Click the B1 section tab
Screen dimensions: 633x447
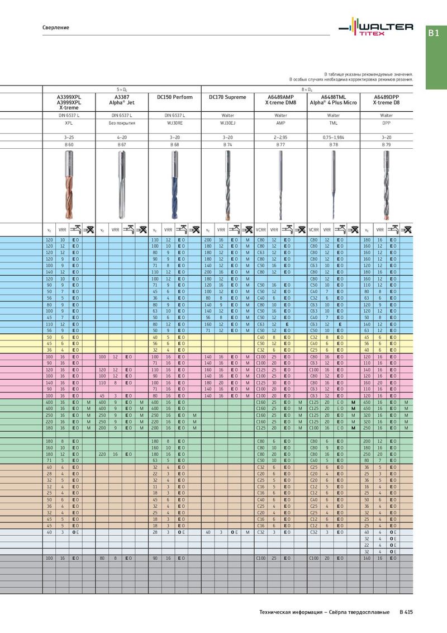pos(434,34)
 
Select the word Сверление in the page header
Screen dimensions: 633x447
pos(56,27)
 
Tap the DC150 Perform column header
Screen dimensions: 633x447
pos(175,97)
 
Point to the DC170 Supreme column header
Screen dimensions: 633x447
pos(227,97)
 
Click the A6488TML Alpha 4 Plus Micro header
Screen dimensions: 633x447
pos(334,100)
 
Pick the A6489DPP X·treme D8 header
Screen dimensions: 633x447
pos(386,100)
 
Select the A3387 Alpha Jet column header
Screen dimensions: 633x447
pos(122,100)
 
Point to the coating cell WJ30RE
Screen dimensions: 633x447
pos(175,122)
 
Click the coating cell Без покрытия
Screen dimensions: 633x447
pos(122,122)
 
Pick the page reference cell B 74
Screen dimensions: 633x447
pos(227,144)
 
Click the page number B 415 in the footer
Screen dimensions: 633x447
pos(406,612)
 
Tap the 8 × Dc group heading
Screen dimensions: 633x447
pos(307,89)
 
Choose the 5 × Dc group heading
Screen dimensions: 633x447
pos(122,89)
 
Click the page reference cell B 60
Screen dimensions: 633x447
pos(69,144)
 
